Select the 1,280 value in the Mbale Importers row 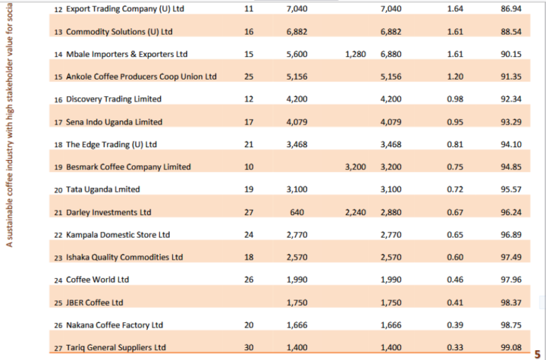point(355,54)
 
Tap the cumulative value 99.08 point(511,347)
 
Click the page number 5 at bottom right point(537,354)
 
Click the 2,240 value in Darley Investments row point(355,212)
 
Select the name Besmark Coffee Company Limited point(128,167)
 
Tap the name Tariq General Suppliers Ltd point(115,347)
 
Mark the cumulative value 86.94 point(511,9)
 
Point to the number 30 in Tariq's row point(248,347)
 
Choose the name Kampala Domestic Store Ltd point(118,235)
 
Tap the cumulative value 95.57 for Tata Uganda point(511,189)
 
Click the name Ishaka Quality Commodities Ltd point(124,258)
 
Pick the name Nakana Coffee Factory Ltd point(114,325)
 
